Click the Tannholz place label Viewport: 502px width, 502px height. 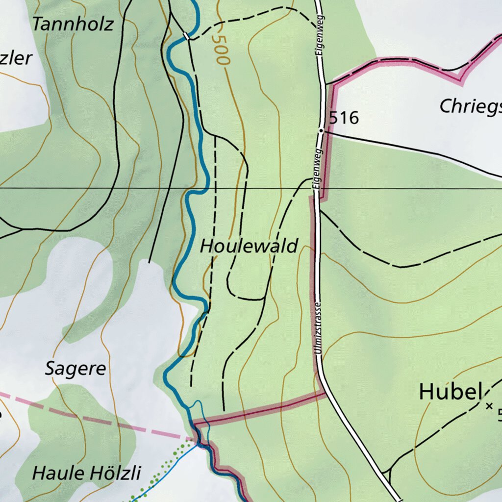73,24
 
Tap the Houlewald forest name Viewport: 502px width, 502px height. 249,246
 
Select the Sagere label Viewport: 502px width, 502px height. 75,369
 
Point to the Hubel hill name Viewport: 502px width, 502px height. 448,392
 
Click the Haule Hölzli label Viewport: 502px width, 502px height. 86,474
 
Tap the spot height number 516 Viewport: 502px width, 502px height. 344,118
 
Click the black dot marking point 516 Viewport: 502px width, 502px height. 321,131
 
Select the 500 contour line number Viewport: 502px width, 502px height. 221,50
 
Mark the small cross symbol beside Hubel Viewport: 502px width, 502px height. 488,406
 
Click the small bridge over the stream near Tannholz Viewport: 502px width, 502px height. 186,36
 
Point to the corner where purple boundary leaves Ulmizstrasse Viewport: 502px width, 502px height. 324,393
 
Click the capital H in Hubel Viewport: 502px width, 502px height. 426,392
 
